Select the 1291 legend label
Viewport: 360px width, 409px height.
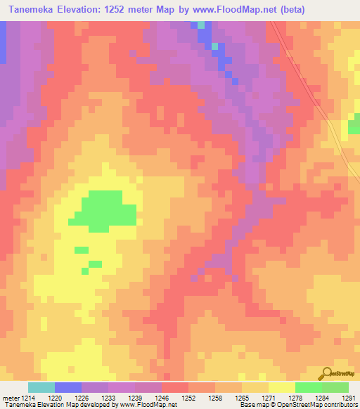[x=349, y=398]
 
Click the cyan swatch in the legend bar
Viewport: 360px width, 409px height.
[x=41, y=388]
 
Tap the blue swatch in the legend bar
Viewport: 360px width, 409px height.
[x=68, y=388]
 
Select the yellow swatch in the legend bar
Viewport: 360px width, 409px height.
[x=281, y=388]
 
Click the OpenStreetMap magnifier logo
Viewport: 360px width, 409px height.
[x=327, y=374]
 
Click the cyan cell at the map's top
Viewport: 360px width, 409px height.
[x=201, y=25]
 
